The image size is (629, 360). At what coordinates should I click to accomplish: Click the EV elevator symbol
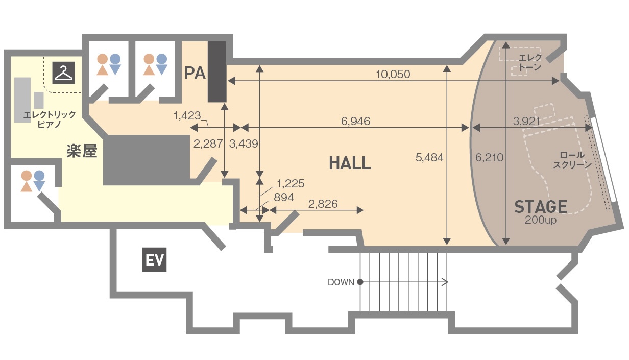click(154, 260)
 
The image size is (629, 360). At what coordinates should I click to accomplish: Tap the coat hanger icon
click(64, 73)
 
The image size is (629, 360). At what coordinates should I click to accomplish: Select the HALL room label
click(350, 163)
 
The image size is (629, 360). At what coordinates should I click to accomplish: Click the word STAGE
click(541, 207)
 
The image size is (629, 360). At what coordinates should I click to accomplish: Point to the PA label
click(195, 73)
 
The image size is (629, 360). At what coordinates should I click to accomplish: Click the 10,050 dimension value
click(393, 75)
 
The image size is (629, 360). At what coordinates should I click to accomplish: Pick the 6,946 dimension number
click(356, 122)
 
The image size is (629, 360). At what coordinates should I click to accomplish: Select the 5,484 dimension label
click(429, 158)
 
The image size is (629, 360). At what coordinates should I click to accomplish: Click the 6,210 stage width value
click(490, 158)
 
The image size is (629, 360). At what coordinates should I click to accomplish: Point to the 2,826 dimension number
click(323, 204)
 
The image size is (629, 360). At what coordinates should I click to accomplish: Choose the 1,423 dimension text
click(187, 116)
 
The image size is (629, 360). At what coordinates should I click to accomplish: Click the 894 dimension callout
click(284, 198)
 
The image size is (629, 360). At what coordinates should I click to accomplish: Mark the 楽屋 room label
click(82, 151)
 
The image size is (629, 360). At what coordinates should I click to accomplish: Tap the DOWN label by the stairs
click(341, 282)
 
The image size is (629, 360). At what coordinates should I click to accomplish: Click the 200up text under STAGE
click(541, 220)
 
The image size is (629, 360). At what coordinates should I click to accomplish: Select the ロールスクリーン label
click(572, 160)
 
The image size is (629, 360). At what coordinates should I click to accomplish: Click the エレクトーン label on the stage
click(529, 62)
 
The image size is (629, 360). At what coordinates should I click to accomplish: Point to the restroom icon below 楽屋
click(33, 181)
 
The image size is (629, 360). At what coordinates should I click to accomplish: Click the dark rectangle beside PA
click(217, 71)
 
